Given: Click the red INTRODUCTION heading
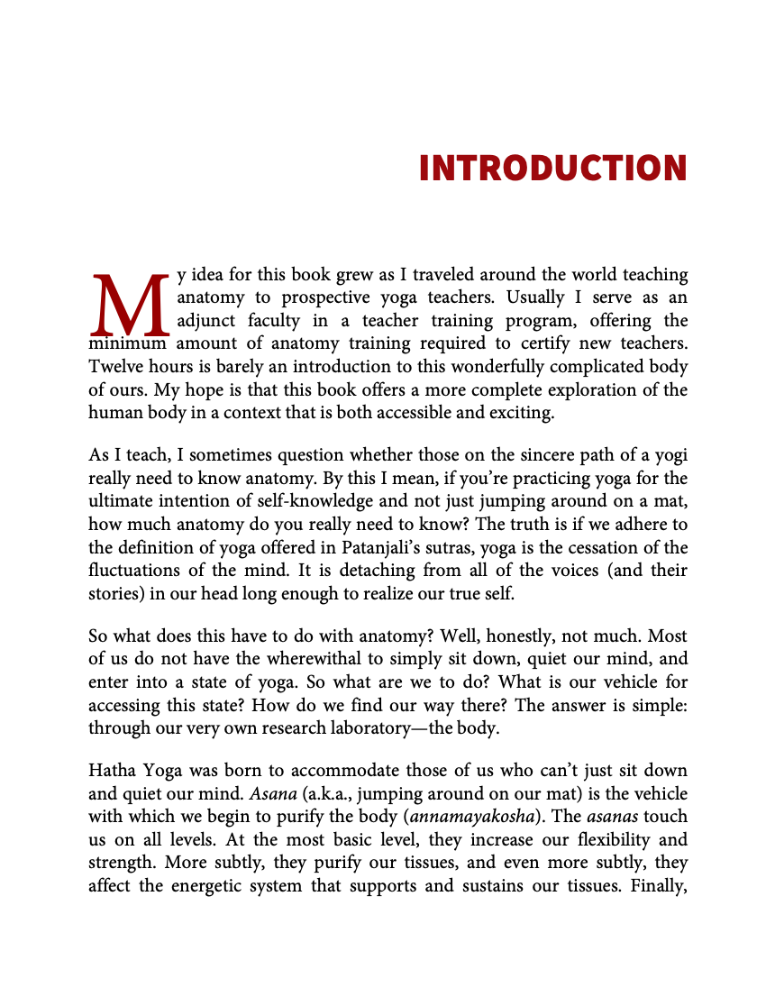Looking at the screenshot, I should point(552,169).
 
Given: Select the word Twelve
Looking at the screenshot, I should point(114,367).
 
